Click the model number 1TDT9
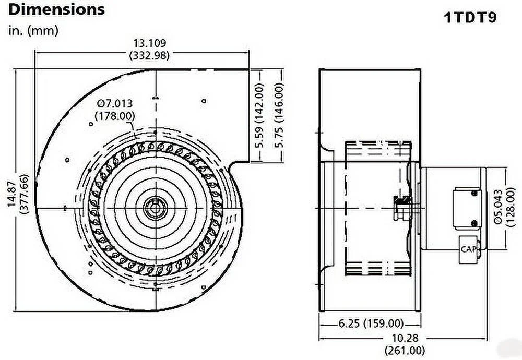(x=470, y=18)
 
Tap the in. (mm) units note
(x=33, y=30)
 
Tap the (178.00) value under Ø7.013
(x=114, y=116)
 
